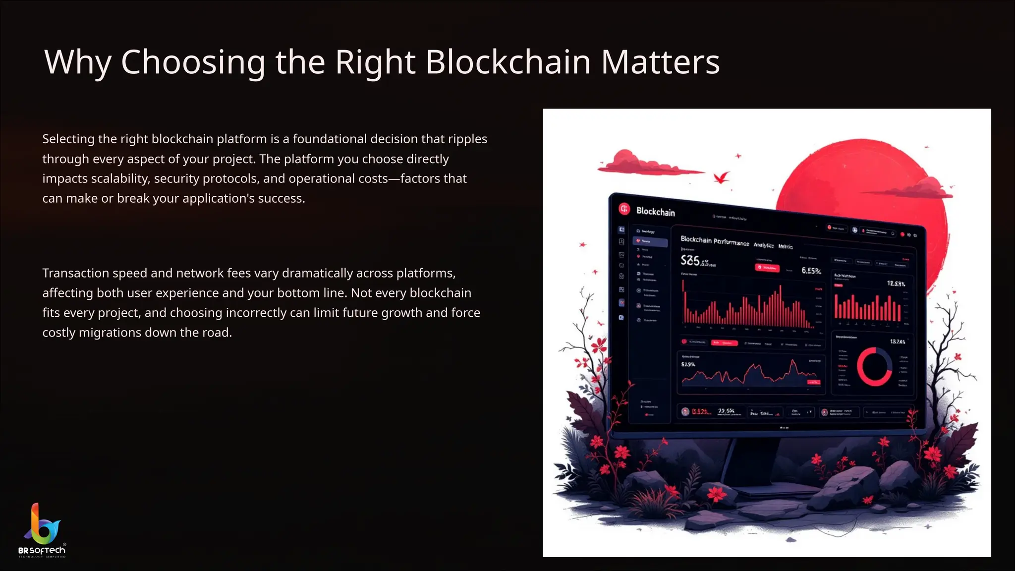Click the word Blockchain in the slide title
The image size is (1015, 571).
(507, 62)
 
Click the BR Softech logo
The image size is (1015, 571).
(42, 530)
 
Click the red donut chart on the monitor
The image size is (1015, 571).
(874, 367)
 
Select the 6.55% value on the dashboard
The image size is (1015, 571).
(811, 271)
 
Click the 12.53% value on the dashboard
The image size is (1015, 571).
(896, 284)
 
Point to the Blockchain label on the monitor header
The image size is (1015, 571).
(655, 212)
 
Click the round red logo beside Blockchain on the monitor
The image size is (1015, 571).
(624, 209)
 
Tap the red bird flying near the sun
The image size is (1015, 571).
(721, 177)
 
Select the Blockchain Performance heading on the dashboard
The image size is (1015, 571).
(714, 241)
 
